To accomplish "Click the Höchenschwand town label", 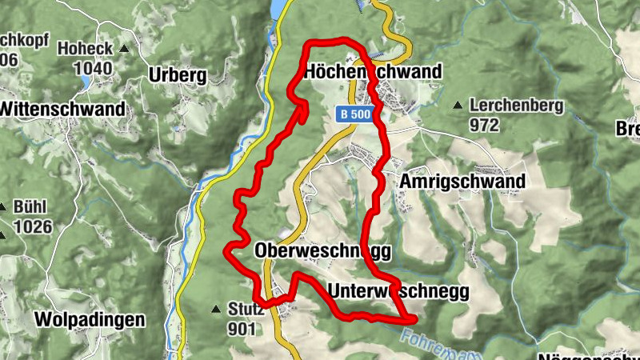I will (x=373, y=73).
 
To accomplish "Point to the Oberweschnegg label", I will (x=322, y=251).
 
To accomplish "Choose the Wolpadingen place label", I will (x=90, y=320).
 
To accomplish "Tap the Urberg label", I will (x=178, y=76).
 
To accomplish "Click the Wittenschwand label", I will (x=63, y=108).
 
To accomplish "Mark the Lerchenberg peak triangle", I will (x=458, y=106).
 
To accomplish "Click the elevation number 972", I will (x=485, y=125).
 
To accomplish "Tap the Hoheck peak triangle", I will (x=124, y=50).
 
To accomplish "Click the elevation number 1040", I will (x=96, y=68).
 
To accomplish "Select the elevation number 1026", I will (x=32, y=226).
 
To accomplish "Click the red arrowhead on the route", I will (x=303, y=110).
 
